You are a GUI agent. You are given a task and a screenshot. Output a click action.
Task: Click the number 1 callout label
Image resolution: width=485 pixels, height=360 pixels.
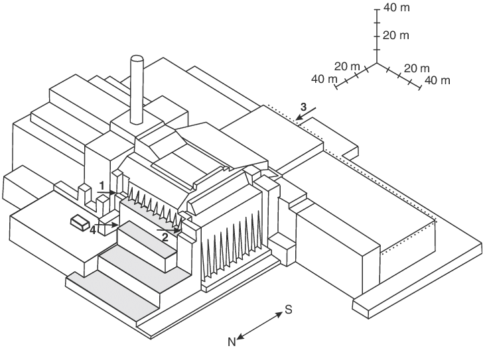[102, 184]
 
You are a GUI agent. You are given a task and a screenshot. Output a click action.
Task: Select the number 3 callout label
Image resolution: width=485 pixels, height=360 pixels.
[303, 106]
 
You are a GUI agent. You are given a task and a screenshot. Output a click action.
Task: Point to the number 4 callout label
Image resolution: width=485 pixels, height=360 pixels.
[94, 230]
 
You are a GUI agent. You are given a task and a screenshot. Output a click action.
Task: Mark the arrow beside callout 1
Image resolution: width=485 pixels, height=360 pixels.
[107, 192]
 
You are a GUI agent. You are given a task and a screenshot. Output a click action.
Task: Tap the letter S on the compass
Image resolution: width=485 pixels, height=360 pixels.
[289, 310]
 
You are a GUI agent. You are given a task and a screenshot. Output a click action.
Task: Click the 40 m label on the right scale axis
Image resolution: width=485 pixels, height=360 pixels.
[437, 80]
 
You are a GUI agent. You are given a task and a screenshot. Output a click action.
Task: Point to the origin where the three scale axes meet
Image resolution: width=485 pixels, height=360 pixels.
[376, 64]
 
